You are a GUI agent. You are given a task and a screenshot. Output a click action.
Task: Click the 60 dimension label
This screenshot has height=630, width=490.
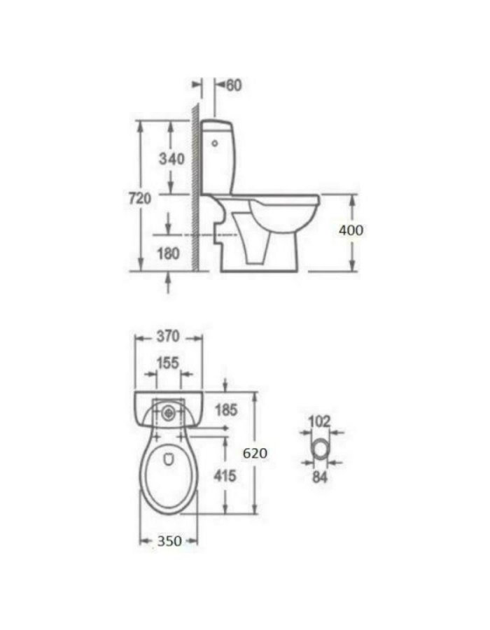234,85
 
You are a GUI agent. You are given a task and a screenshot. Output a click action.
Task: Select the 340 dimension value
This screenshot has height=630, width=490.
171,159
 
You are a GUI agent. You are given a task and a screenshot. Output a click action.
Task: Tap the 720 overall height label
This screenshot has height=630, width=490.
140,198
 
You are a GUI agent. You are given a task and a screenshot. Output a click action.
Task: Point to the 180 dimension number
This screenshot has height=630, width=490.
168,253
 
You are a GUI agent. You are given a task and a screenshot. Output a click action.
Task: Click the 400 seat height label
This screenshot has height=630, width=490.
351,230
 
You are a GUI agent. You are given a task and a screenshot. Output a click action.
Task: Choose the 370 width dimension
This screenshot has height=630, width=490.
168,336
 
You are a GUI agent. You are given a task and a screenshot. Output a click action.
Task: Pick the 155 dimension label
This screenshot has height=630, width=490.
167,363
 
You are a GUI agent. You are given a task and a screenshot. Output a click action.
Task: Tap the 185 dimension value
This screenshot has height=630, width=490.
226,409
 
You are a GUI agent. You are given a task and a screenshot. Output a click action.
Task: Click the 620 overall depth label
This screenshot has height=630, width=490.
255,453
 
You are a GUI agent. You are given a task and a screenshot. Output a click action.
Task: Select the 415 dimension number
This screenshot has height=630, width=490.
225,476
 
